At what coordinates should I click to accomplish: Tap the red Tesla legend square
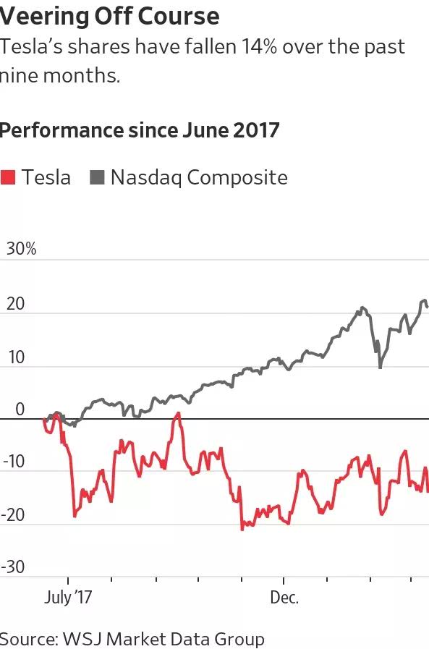[8, 177]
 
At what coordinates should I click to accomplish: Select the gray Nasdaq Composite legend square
[96, 177]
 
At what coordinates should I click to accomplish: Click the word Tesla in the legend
[46, 177]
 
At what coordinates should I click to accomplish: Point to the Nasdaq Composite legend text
[199, 177]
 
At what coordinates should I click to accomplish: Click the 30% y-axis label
[21, 249]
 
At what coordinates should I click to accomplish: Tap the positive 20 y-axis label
[16, 304]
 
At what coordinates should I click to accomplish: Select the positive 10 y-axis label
[16, 357]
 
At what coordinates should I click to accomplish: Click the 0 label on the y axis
[20, 410]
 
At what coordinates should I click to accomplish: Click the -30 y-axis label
[14, 567]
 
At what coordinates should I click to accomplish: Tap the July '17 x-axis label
[68, 598]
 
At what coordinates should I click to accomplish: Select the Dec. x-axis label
[284, 598]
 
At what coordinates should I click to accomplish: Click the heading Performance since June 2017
[140, 130]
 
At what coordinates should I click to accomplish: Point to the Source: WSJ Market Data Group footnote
[132, 639]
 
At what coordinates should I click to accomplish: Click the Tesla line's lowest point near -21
[242, 529]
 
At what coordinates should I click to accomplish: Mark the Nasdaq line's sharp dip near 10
[380, 368]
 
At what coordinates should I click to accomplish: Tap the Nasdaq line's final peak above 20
[424, 300]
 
